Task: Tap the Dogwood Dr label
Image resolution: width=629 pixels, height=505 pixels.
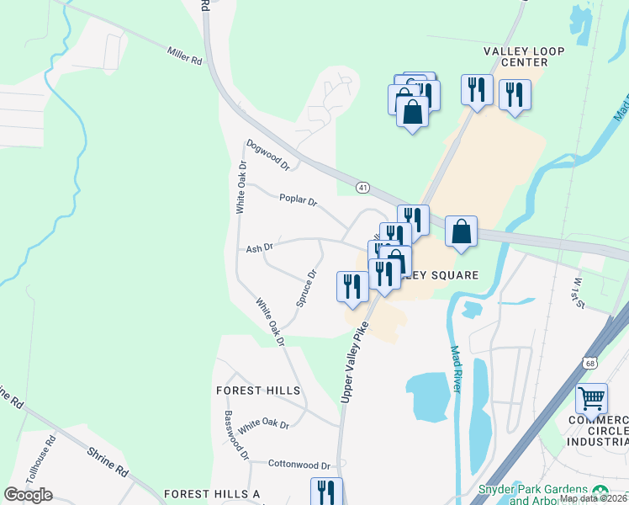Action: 267,154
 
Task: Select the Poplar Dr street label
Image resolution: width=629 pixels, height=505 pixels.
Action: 299,200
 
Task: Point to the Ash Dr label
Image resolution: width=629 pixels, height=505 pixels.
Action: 260,247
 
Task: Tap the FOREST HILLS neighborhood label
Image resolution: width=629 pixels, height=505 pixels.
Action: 258,391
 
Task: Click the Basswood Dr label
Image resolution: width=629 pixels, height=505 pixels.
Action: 236,434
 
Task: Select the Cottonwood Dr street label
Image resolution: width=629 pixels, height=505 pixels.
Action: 300,464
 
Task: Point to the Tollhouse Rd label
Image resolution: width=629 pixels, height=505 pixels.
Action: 40,458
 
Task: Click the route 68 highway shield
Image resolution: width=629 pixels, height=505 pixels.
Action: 586,360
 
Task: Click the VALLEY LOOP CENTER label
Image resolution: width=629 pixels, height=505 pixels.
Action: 516,56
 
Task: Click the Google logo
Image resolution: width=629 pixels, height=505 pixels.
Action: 28,495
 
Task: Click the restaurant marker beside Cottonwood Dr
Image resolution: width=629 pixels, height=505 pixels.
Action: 326,492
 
